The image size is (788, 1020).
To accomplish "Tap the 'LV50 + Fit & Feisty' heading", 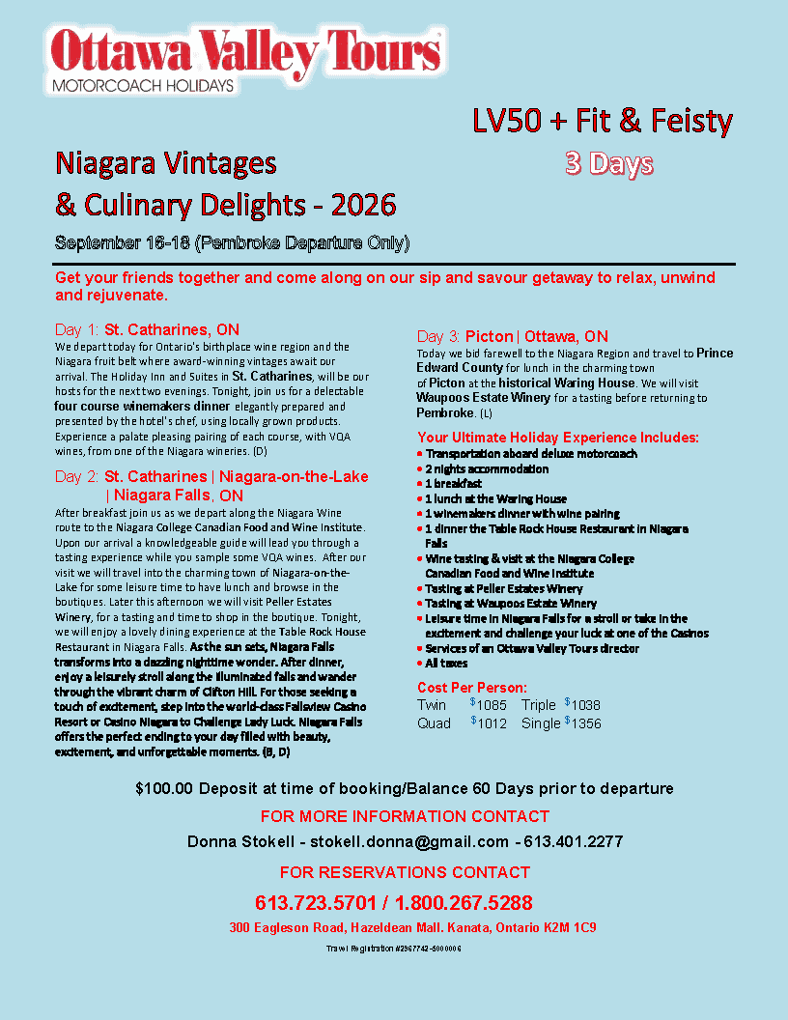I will point(603,122).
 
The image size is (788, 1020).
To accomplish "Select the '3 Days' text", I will point(608,164).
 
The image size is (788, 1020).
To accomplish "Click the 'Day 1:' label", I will point(77,329).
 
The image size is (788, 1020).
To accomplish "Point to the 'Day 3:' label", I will point(438,336).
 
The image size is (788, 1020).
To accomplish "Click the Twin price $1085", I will point(489,705).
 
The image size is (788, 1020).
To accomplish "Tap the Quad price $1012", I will point(489,722).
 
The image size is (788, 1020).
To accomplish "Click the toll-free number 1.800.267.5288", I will point(464,903).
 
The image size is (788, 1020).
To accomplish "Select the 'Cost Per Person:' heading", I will point(472,688).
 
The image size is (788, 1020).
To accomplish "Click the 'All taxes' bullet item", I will point(446,664).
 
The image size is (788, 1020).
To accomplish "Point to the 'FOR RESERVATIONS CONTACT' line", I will point(411,872).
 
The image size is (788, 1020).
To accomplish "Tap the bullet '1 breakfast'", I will point(454,483).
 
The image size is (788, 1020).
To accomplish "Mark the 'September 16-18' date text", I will point(122,241).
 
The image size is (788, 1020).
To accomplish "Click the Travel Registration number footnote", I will point(394,949).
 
